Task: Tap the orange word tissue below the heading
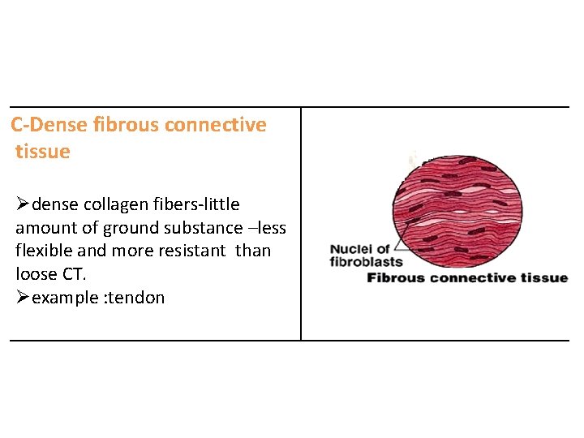pyautogui.click(x=42, y=152)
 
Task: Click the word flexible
pyautogui.click(x=45, y=251)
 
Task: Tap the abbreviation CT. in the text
pyautogui.click(x=73, y=274)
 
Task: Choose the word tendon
pyautogui.click(x=139, y=298)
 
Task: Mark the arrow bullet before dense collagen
pyautogui.click(x=22, y=204)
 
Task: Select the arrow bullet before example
pyautogui.click(x=22, y=298)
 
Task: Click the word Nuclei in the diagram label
pyautogui.click(x=350, y=249)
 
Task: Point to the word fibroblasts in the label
pyautogui.click(x=367, y=261)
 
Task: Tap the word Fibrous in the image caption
pyautogui.click(x=395, y=278)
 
